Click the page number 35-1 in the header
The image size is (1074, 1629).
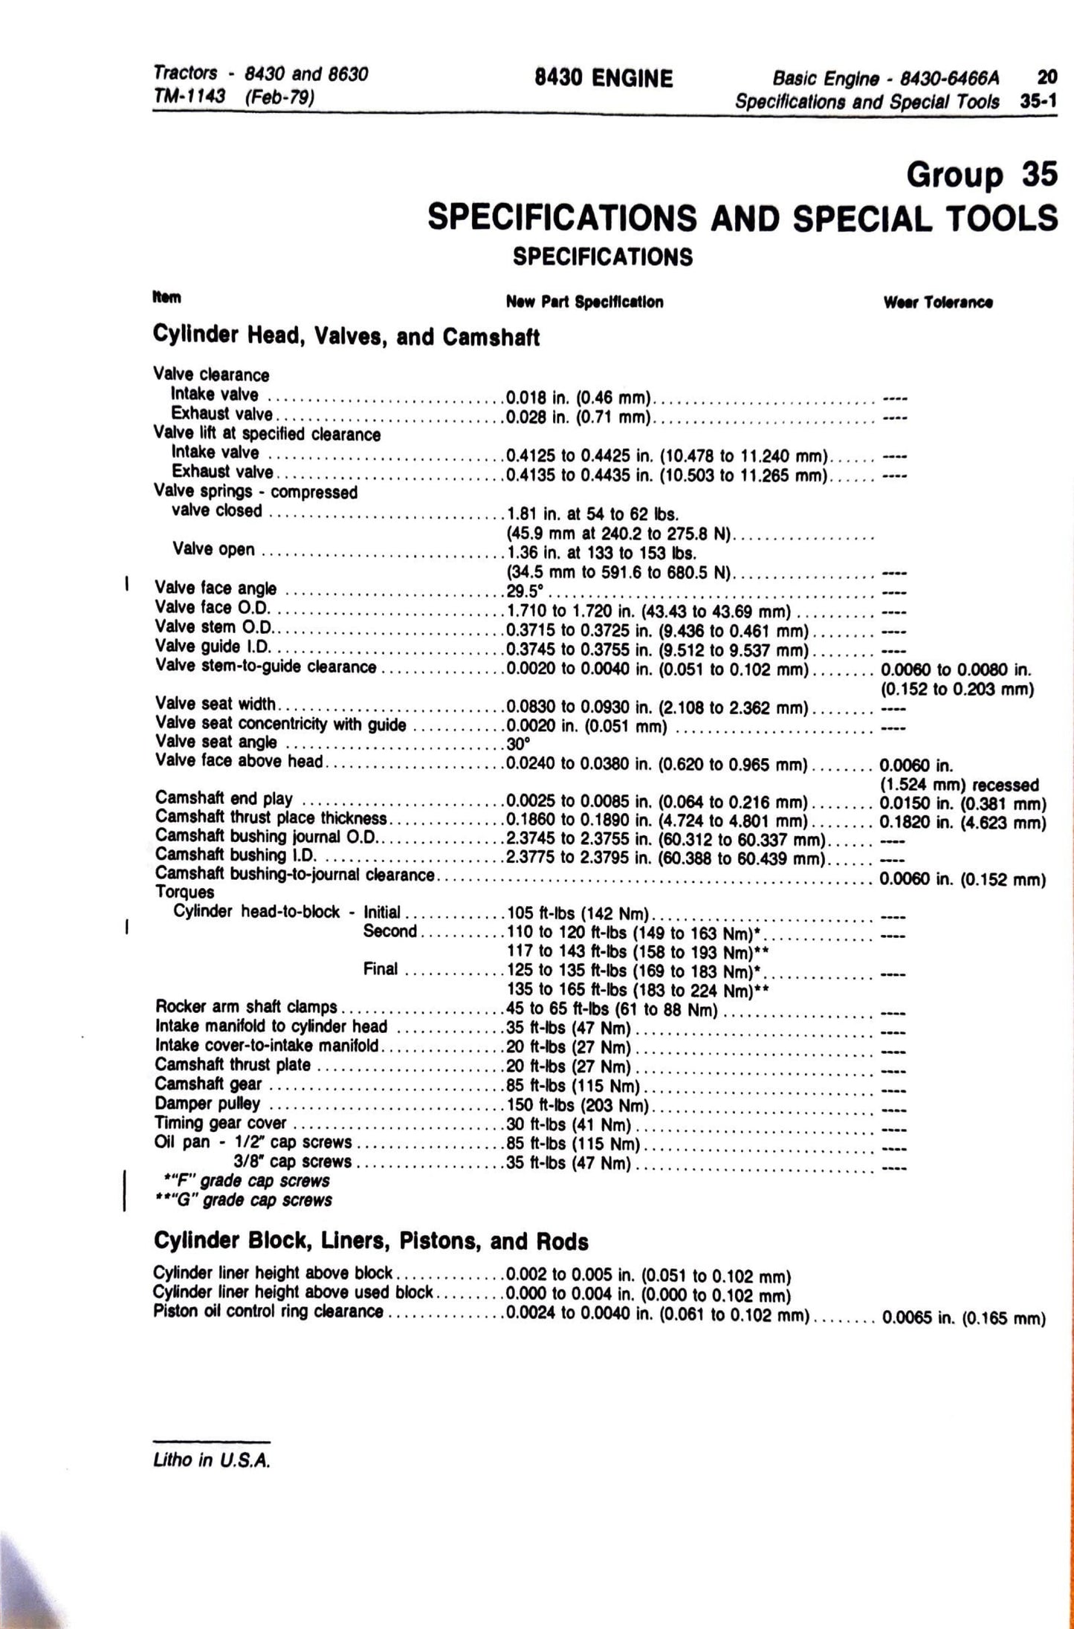point(1038,102)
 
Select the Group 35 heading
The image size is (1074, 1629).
point(981,175)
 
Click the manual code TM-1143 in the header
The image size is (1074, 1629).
point(189,97)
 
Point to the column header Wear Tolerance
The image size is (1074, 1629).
point(938,302)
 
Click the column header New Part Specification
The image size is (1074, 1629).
point(584,302)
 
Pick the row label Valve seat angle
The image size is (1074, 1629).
point(216,742)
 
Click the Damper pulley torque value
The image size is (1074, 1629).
point(577,1105)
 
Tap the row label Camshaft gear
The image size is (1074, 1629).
point(208,1085)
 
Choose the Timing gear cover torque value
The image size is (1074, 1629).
point(568,1124)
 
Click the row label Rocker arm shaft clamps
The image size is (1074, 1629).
point(246,1007)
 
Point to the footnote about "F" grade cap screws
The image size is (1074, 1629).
point(247,1181)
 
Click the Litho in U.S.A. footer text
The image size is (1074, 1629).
point(212,1460)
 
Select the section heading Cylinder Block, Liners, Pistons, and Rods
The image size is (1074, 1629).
point(370,1241)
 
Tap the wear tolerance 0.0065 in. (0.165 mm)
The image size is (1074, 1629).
point(963,1319)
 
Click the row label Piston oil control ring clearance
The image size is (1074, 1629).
point(268,1312)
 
